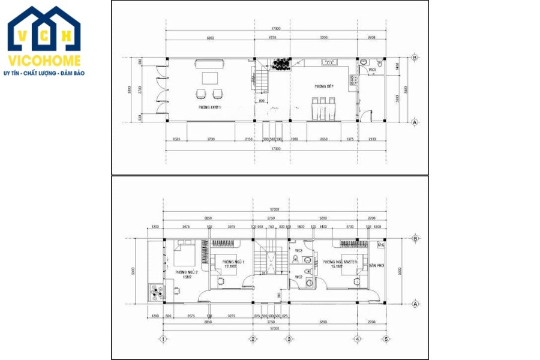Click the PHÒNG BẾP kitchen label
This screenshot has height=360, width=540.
[x=323, y=87]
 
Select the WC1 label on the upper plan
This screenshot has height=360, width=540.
[x=372, y=70]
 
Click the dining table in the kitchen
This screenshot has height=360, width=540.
[x=323, y=109]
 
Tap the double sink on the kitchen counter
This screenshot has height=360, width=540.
[x=329, y=62]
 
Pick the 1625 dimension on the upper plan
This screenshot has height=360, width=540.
[x=176, y=139]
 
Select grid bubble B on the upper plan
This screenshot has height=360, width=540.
[x=415, y=58]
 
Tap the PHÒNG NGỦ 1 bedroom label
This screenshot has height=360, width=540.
[x=226, y=262]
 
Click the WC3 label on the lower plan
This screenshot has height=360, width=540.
[x=298, y=250]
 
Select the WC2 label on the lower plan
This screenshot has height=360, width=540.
[x=298, y=277]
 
